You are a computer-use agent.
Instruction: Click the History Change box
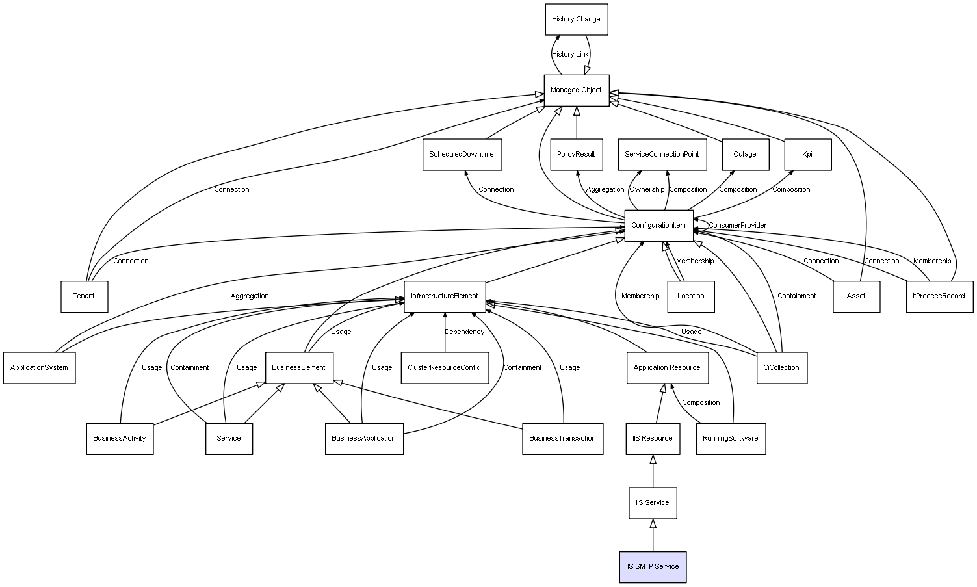576,20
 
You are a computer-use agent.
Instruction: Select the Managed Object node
576,90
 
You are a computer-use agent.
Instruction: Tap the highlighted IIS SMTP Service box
653,567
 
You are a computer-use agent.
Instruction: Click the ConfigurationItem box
658,226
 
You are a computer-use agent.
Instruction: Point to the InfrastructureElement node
445,296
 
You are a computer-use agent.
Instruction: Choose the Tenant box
84,296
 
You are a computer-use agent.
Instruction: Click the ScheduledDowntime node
462,155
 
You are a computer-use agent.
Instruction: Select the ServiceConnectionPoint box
662,155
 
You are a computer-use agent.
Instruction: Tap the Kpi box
807,155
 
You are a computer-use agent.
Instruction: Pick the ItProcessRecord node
939,296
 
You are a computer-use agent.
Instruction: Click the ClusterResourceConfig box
445,368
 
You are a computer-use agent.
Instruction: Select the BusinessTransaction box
562,439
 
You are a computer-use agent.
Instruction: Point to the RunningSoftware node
731,439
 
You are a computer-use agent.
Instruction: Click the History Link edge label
570,55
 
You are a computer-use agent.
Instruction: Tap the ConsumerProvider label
738,226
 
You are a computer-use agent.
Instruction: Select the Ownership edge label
647,190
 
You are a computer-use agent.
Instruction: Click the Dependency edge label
464,332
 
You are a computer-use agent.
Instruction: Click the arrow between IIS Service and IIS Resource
653,471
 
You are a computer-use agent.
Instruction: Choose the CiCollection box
782,368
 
